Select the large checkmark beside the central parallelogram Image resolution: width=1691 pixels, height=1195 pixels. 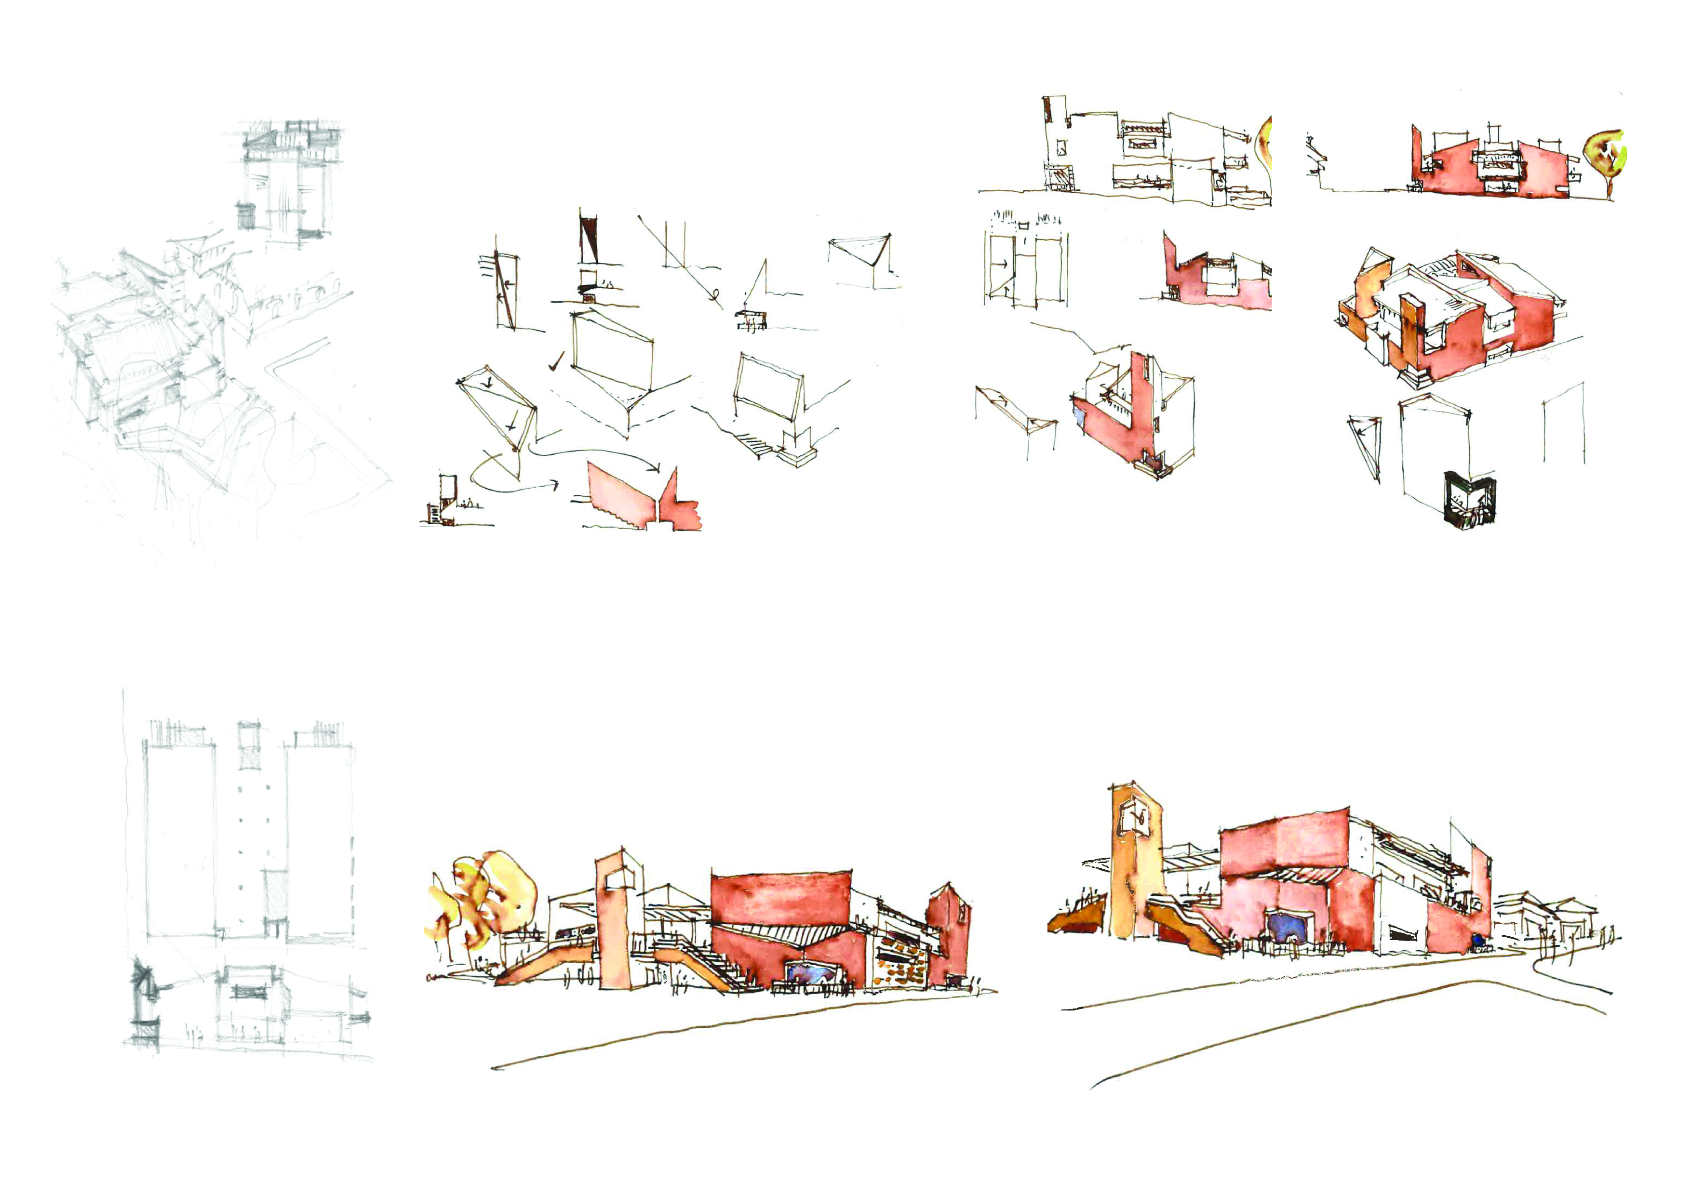pyautogui.click(x=558, y=361)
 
